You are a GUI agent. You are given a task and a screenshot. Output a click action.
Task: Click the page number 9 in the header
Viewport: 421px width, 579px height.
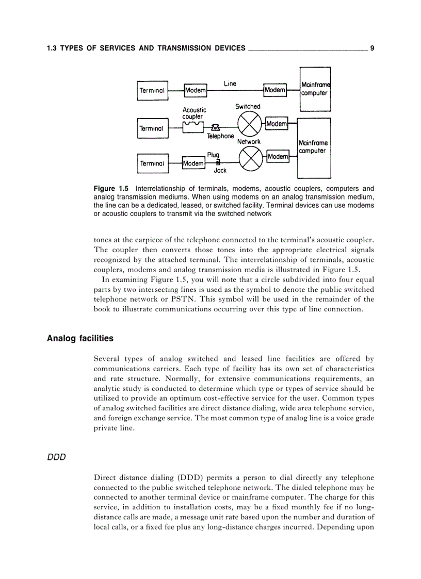372,48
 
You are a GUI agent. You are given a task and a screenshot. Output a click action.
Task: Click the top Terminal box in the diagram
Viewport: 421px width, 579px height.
152,90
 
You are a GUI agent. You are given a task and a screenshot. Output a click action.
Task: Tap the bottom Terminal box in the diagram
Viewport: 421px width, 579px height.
152,163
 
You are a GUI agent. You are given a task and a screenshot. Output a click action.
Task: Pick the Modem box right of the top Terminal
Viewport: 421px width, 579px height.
196,90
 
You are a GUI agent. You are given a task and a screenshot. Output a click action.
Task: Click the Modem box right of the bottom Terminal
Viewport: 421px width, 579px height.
193,163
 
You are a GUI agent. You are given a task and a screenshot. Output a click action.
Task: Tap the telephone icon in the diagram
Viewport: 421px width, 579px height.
216,128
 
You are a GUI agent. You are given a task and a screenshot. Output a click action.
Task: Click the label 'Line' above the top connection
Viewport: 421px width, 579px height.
230,83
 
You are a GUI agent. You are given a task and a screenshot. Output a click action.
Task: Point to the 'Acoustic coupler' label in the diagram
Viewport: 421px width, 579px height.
194,113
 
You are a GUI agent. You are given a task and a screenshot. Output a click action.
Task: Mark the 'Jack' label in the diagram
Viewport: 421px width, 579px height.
220,171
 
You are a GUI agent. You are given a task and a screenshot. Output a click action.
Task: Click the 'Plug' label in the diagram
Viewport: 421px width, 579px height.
214,154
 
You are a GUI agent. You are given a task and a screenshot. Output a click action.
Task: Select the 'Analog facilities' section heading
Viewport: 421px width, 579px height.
80,338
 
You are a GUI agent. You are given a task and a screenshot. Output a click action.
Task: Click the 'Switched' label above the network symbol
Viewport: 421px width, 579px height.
248,107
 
